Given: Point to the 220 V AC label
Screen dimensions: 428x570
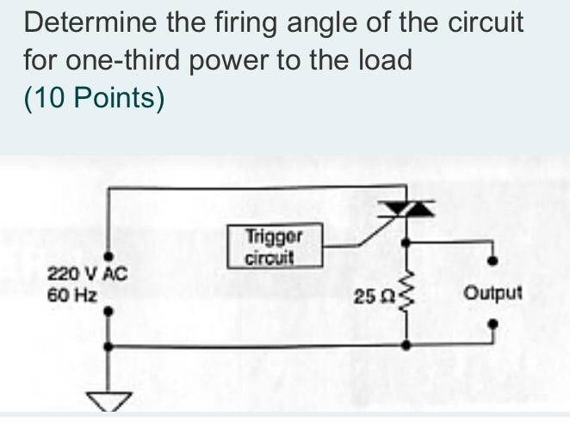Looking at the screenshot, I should tap(86, 275).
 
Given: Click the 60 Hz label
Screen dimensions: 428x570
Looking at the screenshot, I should tap(71, 293).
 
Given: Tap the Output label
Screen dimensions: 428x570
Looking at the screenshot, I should tap(493, 293).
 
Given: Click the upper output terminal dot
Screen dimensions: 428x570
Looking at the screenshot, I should tap(493, 260).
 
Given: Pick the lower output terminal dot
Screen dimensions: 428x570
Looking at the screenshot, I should tap(493, 327).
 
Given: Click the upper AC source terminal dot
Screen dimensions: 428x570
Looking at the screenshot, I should tap(108, 255).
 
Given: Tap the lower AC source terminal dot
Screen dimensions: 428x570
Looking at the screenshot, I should tap(108, 313).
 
